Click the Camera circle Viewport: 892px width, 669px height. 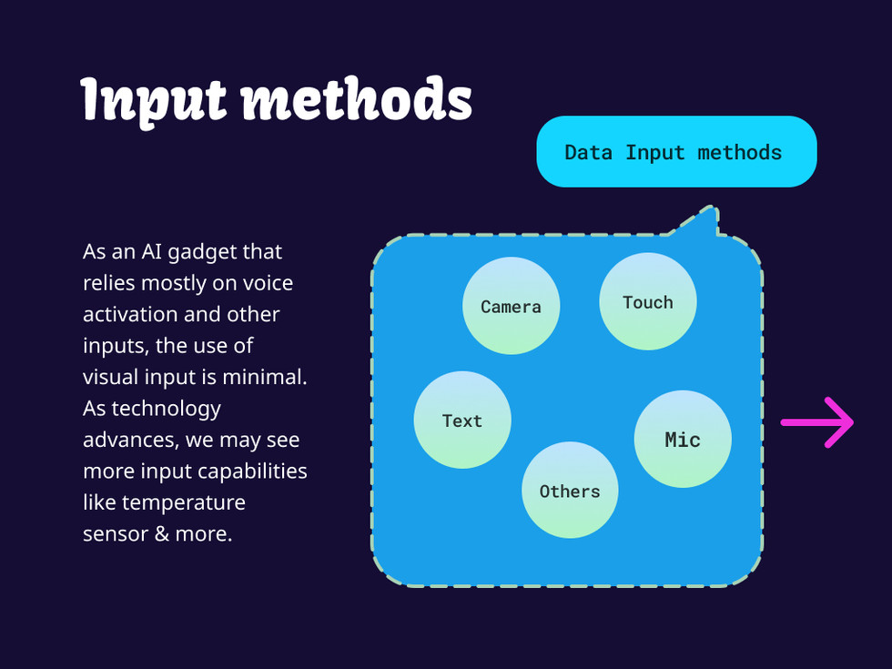point(511,306)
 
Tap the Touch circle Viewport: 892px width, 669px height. point(647,301)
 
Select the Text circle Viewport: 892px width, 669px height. point(461,420)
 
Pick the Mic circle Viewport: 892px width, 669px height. point(682,439)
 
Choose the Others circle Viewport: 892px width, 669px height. point(569,491)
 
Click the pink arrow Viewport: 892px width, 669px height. point(816,422)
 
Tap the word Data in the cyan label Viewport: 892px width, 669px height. point(588,152)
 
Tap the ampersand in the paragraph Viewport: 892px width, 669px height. point(163,533)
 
